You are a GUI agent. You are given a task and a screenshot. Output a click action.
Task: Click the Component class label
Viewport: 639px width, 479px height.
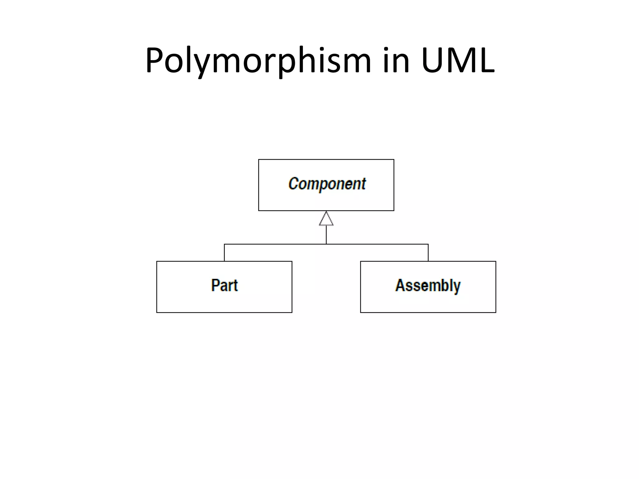click(327, 184)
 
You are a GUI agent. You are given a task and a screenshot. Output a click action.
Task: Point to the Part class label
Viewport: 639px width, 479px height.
click(224, 285)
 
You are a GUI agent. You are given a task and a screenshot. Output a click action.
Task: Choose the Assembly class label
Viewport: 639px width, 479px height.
click(428, 285)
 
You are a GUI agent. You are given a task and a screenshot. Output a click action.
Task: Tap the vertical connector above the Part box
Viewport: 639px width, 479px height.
click(224, 253)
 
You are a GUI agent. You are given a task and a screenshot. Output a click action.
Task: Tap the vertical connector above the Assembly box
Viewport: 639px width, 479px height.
click(428, 253)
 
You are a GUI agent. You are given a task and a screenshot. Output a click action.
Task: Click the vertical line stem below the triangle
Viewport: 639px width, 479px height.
click(326, 235)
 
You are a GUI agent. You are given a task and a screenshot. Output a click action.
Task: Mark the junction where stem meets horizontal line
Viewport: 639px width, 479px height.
click(326, 244)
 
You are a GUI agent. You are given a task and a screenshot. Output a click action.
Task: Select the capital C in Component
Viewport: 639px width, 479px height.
click(293, 183)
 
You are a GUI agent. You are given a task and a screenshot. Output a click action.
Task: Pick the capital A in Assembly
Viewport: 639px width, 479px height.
click(401, 285)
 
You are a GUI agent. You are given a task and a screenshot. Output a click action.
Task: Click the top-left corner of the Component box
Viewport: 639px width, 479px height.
click(259, 160)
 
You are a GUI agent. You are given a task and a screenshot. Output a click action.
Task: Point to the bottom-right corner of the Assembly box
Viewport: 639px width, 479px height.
click(496, 312)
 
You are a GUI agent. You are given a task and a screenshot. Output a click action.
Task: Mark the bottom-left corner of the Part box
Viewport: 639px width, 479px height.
click(157, 312)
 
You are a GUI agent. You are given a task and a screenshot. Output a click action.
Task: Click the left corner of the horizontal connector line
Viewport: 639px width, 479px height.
click(224, 244)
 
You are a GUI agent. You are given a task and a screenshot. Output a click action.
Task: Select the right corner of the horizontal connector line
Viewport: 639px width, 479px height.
click(428, 244)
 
